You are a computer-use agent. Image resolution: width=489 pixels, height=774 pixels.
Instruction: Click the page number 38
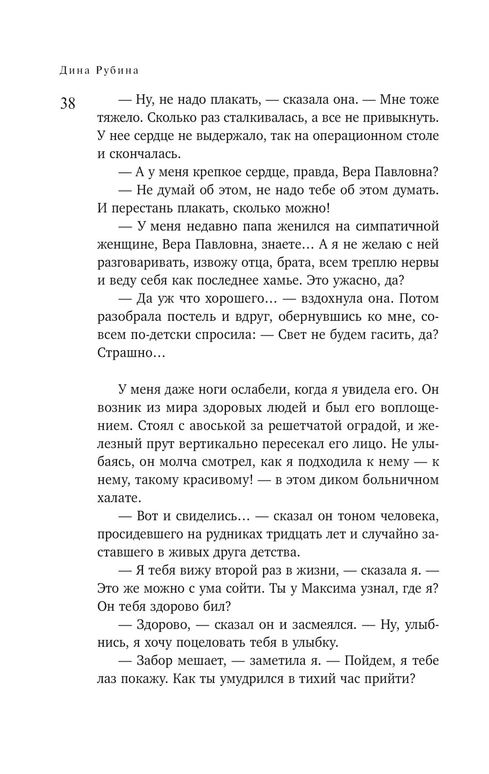pos(68,104)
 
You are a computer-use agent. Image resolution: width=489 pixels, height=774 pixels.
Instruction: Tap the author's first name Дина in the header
pos(73,70)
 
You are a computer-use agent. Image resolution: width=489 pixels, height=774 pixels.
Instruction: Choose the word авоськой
pos(221,425)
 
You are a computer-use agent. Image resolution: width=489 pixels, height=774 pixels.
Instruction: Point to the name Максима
pos(327,588)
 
